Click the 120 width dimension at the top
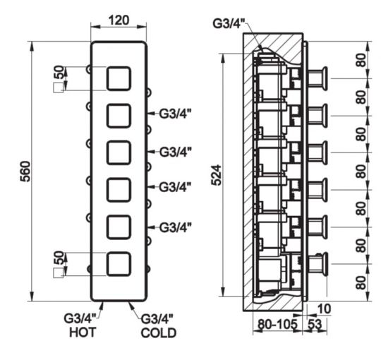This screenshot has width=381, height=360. [119, 20]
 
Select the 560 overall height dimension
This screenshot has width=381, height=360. [25, 172]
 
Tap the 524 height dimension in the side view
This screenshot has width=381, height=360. [217, 175]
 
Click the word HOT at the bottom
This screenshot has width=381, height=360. [83, 332]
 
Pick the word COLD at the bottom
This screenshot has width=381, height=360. [159, 332]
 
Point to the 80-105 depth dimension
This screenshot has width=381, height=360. [277, 324]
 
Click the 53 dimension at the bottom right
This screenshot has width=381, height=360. [315, 324]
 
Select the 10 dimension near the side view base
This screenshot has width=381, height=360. [324, 308]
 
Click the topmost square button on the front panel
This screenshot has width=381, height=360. [119, 78]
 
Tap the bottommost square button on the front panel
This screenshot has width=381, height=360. [119, 264]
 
